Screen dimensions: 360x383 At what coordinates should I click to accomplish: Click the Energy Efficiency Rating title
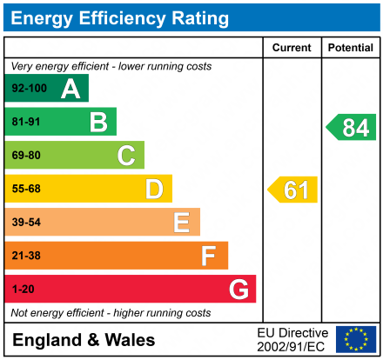tap(120, 17)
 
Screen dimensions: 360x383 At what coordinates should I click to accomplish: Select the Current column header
tap(292, 48)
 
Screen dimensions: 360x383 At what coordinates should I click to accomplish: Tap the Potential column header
tap(351, 48)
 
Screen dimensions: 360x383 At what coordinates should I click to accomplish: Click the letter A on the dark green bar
tap(71, 88)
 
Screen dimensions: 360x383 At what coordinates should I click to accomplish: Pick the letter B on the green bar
tap(98, 122)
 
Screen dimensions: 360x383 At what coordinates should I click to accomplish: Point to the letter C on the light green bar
tap(126, 156)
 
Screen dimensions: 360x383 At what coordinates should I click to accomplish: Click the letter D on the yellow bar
tap(154, 189)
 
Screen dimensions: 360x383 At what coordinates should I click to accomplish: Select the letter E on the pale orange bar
tap(181, 223)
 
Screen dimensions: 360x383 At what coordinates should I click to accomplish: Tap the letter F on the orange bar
tap(209, 256)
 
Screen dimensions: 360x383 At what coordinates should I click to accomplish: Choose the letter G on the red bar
tap(237, 290)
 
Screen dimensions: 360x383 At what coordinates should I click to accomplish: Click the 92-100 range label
tap(28, 88)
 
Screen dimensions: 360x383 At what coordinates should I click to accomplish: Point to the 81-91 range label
tap(26, 122)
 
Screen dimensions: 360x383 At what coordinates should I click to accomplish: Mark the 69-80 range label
tap(26, 156)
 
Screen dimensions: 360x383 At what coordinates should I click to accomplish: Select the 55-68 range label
tap(26, 189)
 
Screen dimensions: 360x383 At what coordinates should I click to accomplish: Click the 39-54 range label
tap(26, 223)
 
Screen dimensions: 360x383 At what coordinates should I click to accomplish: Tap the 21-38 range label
tap(26, 256)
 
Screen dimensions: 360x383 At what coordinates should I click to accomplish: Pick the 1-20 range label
tap(24, 290)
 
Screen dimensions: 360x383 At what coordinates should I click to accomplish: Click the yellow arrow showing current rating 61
tap(293, 190)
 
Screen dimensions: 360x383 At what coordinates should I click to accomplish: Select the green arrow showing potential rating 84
tap(352, 128)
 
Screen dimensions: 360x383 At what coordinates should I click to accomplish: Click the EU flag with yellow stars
tap(356, 339)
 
